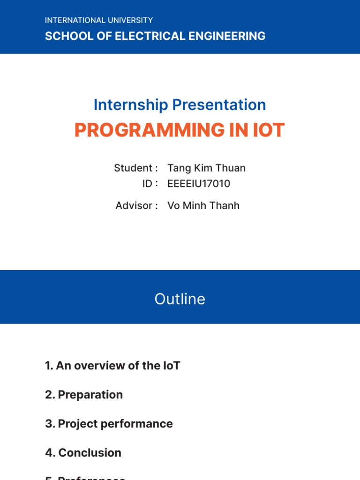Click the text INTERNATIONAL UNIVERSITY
(99, 20)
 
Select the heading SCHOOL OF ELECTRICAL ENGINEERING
(155, 36)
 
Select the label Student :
(136, 168)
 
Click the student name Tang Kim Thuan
(206, 168)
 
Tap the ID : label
(150, 184)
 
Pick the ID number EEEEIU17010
(199, 184)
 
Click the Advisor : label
(136, 205)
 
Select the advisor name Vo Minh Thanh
(203, 205)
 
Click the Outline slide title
(180, 299)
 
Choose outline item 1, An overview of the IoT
(112, 366)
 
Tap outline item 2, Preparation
(84, 395)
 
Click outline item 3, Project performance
(109, 424)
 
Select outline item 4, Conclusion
(83, 453)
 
